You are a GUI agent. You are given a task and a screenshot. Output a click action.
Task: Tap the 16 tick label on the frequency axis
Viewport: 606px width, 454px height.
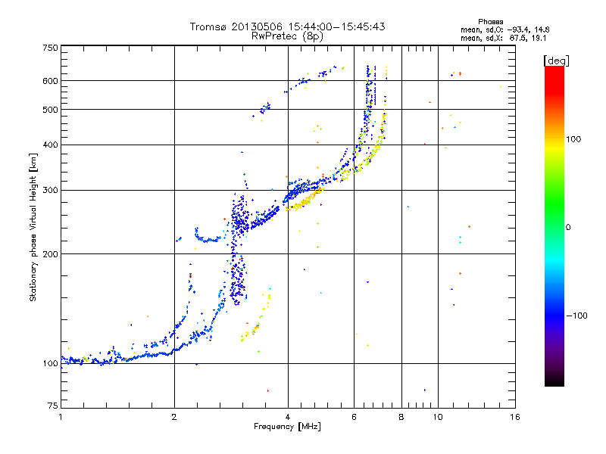[514, 417]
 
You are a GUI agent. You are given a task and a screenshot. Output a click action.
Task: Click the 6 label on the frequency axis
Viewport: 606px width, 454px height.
[354, 417]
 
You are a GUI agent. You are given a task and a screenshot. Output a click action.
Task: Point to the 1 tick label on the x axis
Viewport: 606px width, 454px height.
[61, 417]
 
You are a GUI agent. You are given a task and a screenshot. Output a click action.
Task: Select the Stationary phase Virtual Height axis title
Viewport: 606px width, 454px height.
[33, 227]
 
